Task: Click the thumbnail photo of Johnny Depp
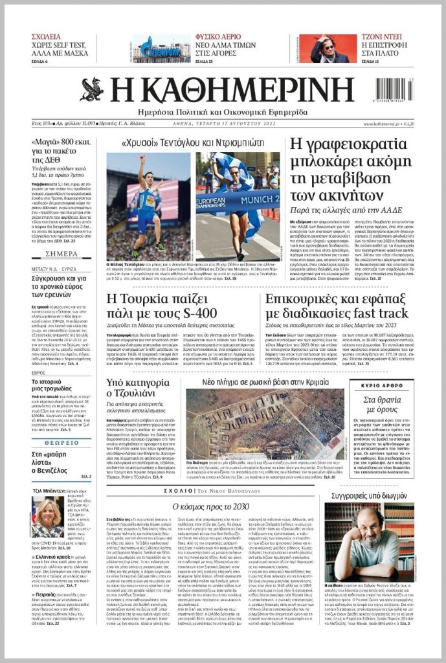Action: pyautogui.click(x=323, y=49)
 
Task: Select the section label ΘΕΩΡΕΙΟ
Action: pyautogui.click(x=61, y=442)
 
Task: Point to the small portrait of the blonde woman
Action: pyautogui.click(x=47, y=516)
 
